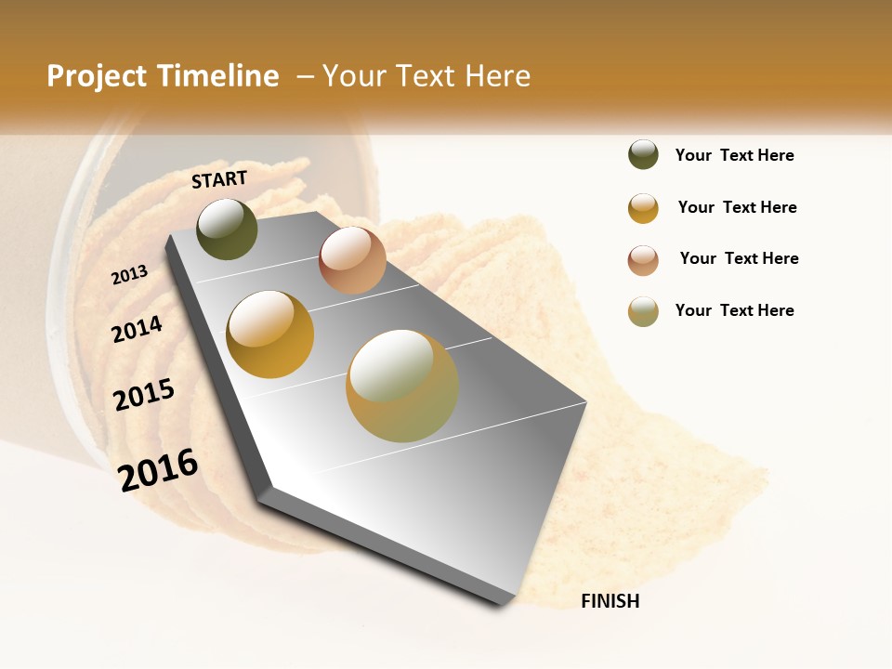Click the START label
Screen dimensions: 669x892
coord(219,179)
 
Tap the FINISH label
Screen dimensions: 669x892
coord(610,601)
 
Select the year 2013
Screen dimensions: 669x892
coord(129,275)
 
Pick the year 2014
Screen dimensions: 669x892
coord(137,329)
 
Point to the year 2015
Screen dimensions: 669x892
coord(144,394)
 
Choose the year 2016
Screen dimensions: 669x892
coord(159,469)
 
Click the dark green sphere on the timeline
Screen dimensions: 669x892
coord(227,229)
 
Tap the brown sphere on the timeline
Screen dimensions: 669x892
coord(352,259)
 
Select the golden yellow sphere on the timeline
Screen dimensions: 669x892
coord(269,334)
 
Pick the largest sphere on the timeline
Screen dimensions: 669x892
coord(402,385)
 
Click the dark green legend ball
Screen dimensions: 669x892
coord(643,154)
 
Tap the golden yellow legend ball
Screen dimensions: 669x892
coord(643,207)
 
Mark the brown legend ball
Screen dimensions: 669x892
coord(643,259)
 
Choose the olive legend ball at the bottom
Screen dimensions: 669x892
coord(643,311)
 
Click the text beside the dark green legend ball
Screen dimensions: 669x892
coord(734,155)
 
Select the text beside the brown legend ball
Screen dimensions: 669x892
coord(739,258)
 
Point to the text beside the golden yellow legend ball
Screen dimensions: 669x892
coord(737,207)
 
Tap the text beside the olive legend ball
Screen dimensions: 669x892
coord(734,310)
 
